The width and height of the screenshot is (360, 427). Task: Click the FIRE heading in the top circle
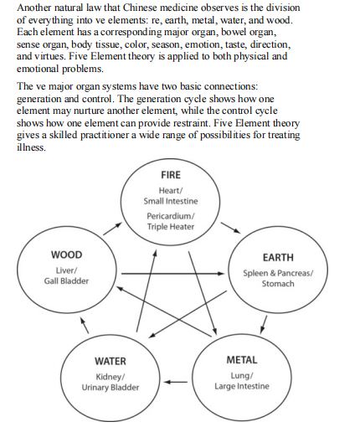click(170, 175)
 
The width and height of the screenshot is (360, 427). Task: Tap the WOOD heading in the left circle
click(66, 255)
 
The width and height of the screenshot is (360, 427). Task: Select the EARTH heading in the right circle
click(278, 257)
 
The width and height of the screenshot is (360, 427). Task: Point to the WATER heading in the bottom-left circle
click(111, 361)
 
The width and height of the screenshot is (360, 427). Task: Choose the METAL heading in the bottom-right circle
click(242, 359)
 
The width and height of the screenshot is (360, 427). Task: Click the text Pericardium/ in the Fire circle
click(170, 215)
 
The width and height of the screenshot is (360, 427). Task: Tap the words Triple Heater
click(170, 226)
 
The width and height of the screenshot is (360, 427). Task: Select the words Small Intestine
click(170, 200)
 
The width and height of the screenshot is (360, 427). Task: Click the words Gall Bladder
click(66, 280)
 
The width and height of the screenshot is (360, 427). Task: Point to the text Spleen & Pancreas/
click(278, 273)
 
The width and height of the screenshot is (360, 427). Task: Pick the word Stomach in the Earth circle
click(278, 284)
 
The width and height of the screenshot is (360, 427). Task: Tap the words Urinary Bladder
click(111, 388)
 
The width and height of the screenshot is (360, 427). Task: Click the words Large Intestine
click(242, 386)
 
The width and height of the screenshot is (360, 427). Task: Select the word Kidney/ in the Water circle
click(111, 376)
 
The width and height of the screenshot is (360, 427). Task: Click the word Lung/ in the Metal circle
click(242, 374)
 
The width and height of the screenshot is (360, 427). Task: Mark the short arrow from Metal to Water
click(175, 383)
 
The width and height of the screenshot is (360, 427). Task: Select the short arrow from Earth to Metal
click(265, 323)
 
